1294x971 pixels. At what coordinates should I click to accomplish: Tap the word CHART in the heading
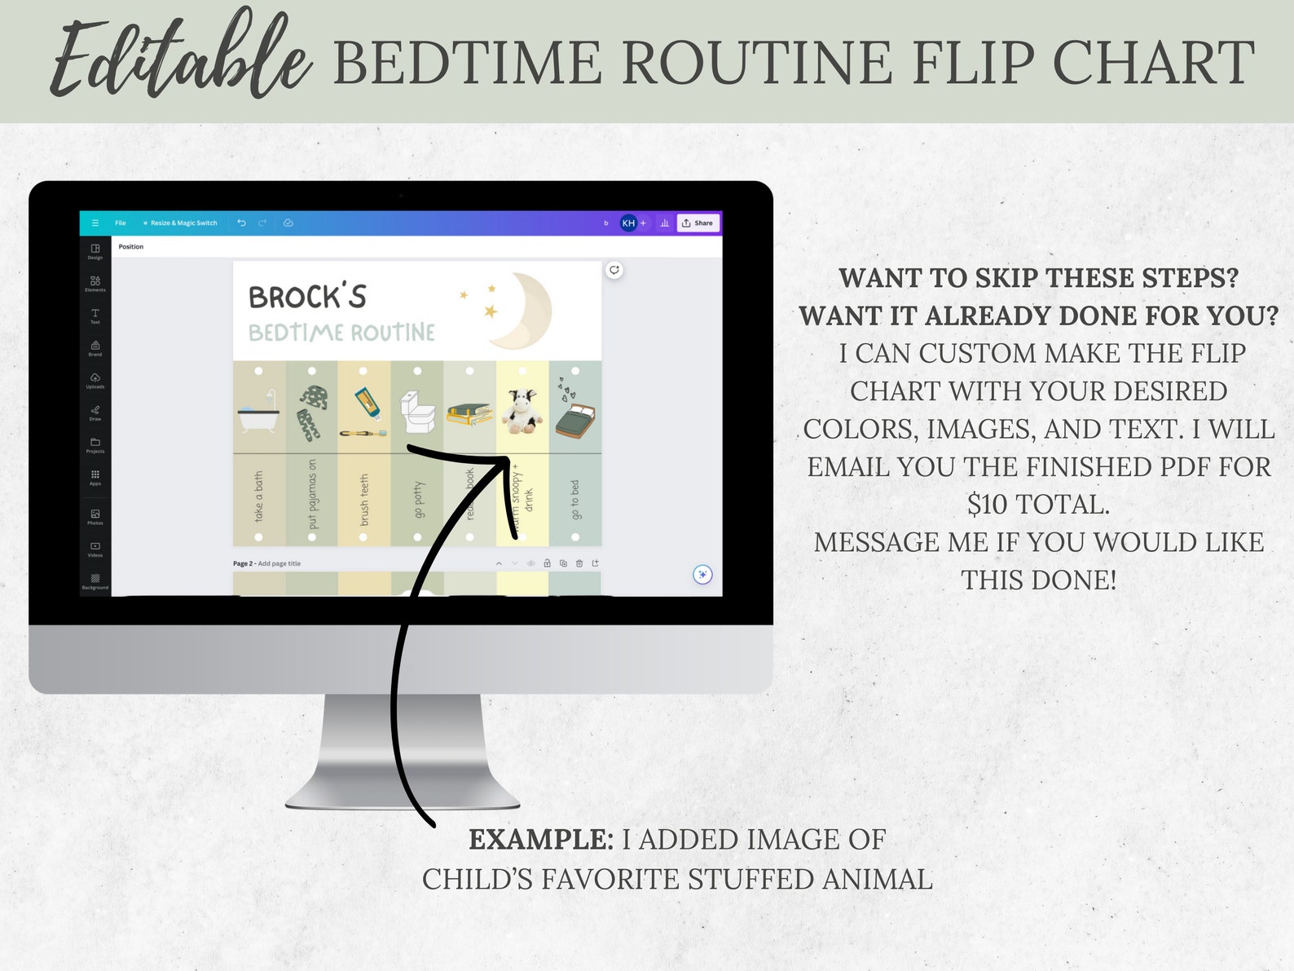coord(1153,63)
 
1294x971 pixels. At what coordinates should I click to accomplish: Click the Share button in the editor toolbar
coord(698,223)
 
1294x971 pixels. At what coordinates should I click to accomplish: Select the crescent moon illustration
coord(522,310)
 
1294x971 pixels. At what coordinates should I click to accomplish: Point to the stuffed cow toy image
coord(522,411)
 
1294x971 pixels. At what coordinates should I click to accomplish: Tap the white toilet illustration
coord(418,412)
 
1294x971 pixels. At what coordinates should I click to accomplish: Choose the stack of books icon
coord(469,413)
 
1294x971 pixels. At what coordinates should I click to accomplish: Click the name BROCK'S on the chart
coord(307,297)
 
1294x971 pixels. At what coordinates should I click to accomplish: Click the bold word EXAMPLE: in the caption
coord(541,840)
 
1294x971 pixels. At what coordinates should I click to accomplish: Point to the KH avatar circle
coord(628,223)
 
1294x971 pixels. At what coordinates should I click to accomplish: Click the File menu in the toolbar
coord(121,223)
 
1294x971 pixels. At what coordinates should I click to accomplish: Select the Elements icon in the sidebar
coord(95,283)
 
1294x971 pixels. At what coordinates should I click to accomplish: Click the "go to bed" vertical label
coord(575,499)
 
